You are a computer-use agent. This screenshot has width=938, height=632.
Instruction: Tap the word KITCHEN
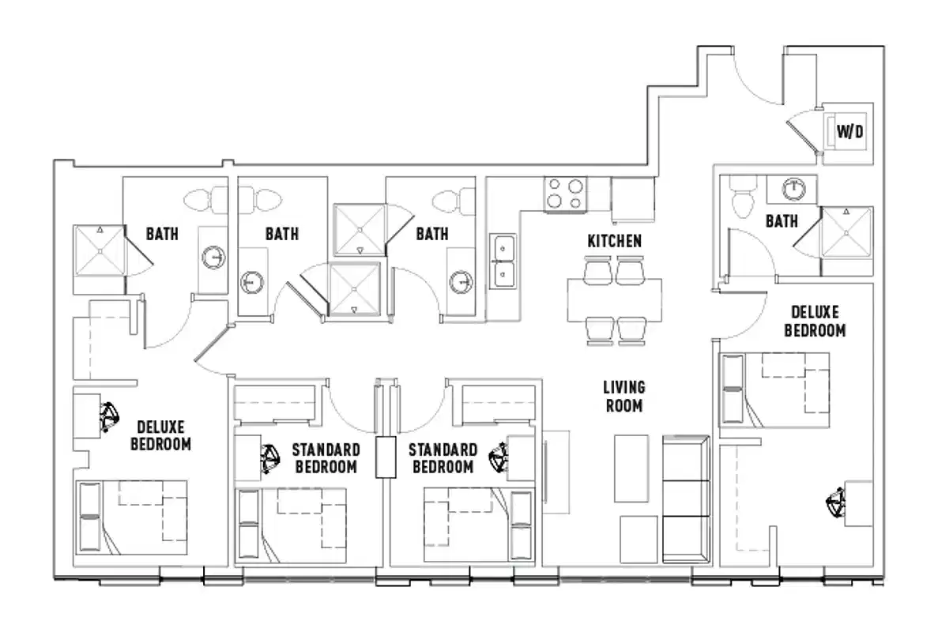click(614, 241)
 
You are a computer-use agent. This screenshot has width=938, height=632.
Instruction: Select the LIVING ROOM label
click(623, 397)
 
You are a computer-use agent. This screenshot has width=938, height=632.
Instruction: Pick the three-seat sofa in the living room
click(687, 498)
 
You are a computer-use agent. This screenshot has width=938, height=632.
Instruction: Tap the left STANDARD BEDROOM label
click(326, 458)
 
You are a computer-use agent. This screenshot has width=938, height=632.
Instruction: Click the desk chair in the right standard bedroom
click(499, 457)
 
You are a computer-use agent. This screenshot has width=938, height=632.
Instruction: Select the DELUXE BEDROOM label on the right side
click(814, 322)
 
